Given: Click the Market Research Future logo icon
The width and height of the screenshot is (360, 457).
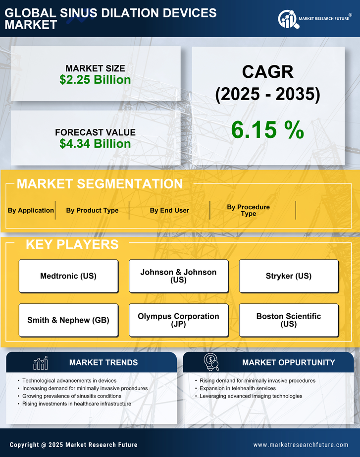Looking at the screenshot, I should point(288,19).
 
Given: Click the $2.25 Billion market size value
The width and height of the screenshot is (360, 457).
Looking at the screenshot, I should point(95,80).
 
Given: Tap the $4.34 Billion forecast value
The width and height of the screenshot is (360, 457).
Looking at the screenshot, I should point(95,144).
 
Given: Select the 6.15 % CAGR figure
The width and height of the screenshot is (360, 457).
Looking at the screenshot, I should point(267,130).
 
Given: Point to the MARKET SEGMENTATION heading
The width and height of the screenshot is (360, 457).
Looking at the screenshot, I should point(100,184).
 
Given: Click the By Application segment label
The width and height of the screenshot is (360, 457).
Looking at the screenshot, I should point(31,210).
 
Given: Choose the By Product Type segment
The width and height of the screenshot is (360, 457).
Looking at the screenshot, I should point(92,210).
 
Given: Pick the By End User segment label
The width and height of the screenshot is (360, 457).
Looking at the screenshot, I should point(169,210).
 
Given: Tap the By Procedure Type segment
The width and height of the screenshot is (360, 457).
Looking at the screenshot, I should point(248,210).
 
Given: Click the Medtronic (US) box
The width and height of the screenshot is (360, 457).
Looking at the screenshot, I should point(68,276).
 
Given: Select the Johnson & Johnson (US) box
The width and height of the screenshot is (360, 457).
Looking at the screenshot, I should point(178,276).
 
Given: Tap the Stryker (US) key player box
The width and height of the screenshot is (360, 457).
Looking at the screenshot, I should point(289,276).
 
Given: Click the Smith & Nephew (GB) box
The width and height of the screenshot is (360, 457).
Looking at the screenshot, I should point(68,320).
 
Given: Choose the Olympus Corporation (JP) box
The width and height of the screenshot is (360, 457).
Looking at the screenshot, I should point(178,320).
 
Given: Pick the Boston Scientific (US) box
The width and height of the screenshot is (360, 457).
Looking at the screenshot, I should point(289,320).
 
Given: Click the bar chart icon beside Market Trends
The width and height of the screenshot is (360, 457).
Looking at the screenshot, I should point(40,363).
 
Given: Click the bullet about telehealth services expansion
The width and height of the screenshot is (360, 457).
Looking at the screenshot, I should point(238,388).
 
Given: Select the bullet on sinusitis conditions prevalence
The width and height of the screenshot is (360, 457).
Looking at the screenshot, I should point(72,396).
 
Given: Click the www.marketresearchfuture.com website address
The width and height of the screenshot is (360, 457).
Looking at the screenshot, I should point(301,445).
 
